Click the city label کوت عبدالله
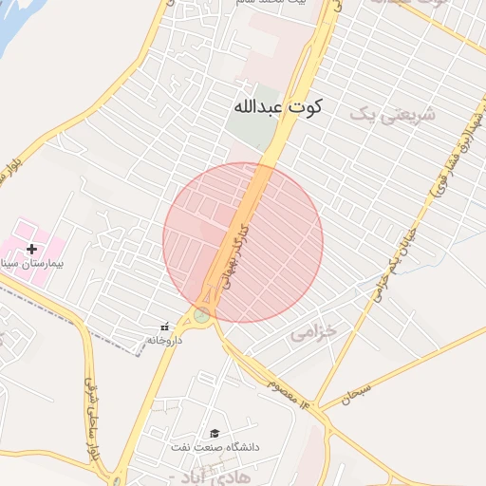tap(277, 106)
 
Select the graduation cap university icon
tap(215, 434)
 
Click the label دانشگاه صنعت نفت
tap(215, 446)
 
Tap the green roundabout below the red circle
tap(201, 315)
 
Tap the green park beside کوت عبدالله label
tap(249, 133)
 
